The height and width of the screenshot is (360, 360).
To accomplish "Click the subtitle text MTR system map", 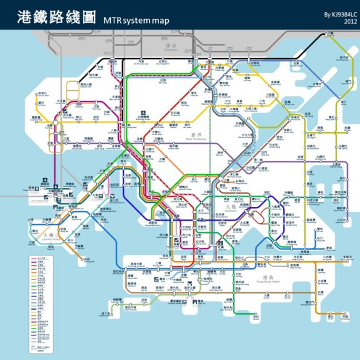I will point(136,21).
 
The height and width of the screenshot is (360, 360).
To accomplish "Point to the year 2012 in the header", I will point(350,21).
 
